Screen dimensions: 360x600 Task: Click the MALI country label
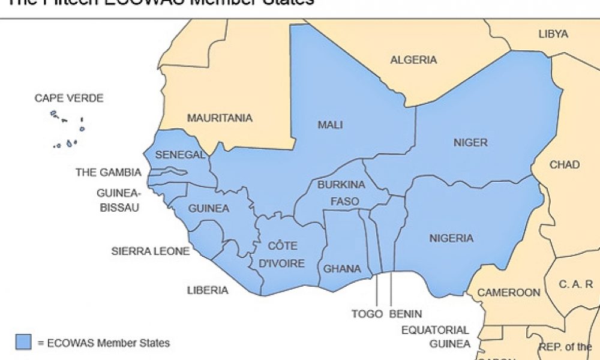pyautogui.click(x=330, y=125)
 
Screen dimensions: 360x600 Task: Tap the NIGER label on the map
pyautogui.click(x=471, y=143)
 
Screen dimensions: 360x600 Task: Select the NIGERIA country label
pyautogui.click(x=451, y=238)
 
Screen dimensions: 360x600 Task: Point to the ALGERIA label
pyautogui.click(x=413, y=60)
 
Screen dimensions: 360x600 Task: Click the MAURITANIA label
pyautogui.click(x=220, y=118)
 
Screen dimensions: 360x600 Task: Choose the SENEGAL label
pyautogui.click(x=181, y=155)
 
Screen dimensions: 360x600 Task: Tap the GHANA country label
pyautogui.click(x=342, y=269)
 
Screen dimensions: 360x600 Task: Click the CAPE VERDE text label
pyautogui.click(x=69, y=98)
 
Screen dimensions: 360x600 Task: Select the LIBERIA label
pyautogui.click(x=208, y=290)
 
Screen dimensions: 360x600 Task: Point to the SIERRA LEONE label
pyautogui.click(x=151, y=251)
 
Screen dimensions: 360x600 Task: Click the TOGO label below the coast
pyautogui.click(x=367, y=314)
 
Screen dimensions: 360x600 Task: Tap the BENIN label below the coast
pyautogui.click(x=405, y=314)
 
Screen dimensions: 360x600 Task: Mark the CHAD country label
pyautogui.click(x=564, y=164)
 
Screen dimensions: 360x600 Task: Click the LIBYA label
pyautogui.click(x=553, y=34)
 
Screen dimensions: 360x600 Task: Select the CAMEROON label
pyautogui.click(x=509, y=293)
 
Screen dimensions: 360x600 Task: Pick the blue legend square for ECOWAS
pyautogui.click(x=23, y=342)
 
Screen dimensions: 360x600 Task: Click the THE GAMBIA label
pyautogui.click(x=109, y=173)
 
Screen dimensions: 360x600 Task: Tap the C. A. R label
pyautogui.click(x=576, y=284)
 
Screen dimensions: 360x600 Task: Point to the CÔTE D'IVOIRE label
pyautogui.click(x=282, y=254)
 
